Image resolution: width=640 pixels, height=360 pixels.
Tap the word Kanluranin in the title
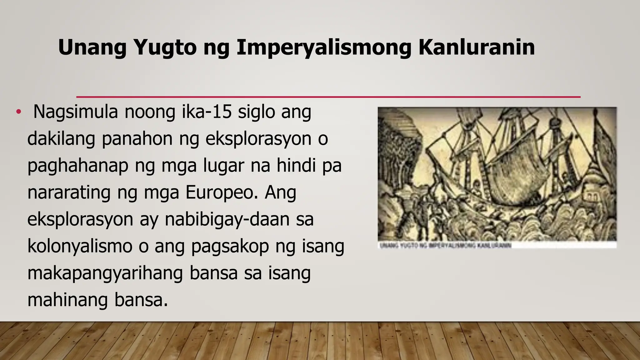pyautogui.click(x=476, y=47)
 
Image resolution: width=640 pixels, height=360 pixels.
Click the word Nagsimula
pyautogui.click(x=75, y=112)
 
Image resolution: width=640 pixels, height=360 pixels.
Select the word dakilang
pyautogui.click(x=61, y=138)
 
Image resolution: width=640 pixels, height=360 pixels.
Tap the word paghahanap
pyautogui.click(x=78, y=165)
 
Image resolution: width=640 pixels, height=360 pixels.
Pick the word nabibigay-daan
pyautogui.click(x=239, y=219)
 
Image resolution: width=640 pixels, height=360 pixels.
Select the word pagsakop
pyautogui.click(x=230, y=246)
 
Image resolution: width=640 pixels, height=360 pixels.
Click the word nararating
pyautogui.click(x=69, y=192)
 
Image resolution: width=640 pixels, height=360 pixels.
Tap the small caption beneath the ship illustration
pyautogui.click(x=445, y=246)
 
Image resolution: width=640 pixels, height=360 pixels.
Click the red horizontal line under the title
pyautogui.click(x=328, y=97)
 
